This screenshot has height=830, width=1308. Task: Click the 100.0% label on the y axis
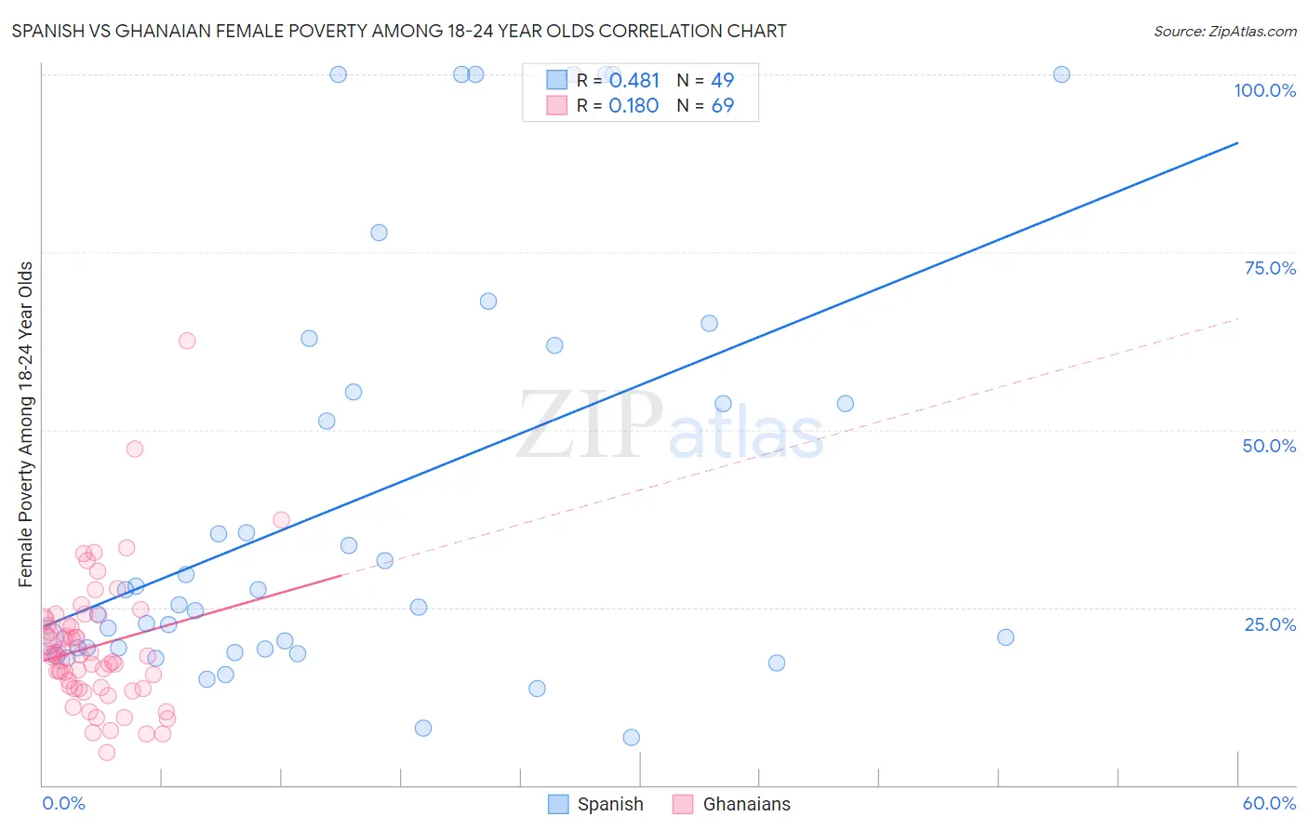coord(1264,90)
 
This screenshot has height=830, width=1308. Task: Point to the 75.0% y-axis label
coord(1270,268)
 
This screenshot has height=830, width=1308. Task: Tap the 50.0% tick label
coord(1269,446)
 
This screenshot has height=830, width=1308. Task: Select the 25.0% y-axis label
coord(1270,624)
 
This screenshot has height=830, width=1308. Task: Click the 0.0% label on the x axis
coord(63,803)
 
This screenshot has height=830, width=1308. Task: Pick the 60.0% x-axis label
coord(1269,803)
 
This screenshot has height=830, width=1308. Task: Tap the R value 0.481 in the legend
coord(634,81)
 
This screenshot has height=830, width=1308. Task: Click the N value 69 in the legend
coord(723,106)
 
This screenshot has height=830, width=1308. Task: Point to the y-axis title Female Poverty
coord(26,424)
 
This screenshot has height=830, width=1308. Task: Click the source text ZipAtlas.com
coord(1224,32)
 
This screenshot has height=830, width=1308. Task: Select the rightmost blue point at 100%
coord(1061,74)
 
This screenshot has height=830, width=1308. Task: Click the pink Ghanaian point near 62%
coord(187,341)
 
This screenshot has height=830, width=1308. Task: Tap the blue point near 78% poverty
coord(379,233)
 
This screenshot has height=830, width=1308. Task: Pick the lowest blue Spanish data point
coord(632,737)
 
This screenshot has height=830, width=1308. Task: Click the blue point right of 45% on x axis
coord(1006,637)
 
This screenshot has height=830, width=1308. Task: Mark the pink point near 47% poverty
coord(135,448)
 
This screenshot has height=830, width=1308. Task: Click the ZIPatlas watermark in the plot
coord(670,426)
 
